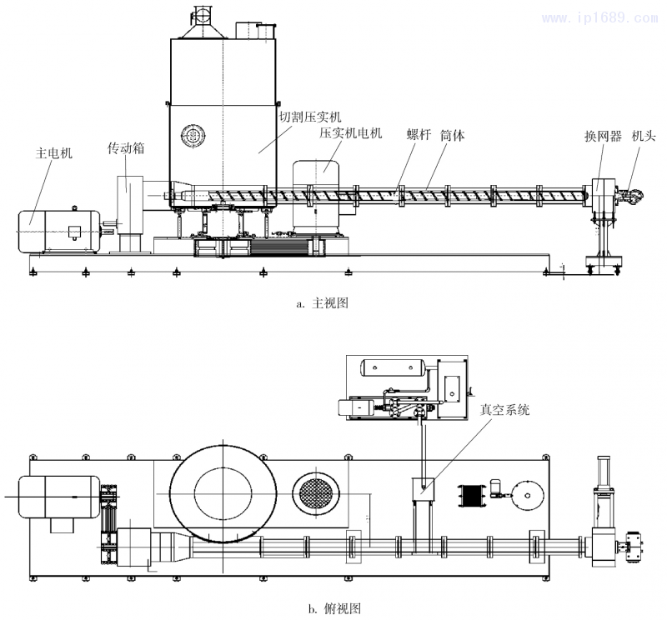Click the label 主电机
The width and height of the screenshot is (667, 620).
click(54, 154)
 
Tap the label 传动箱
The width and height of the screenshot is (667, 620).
click(126, 148)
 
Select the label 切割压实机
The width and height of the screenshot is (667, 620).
click(310, 117)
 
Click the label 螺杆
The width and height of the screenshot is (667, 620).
click(419, 135)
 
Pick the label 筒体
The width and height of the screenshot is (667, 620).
click(453, 135)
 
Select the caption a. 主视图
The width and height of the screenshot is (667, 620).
click(322, 303)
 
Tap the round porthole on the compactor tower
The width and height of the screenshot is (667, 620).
click(194, 136)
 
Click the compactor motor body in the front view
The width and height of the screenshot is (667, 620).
click(318, 192)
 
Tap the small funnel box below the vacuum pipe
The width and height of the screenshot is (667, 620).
click(423, 487)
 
